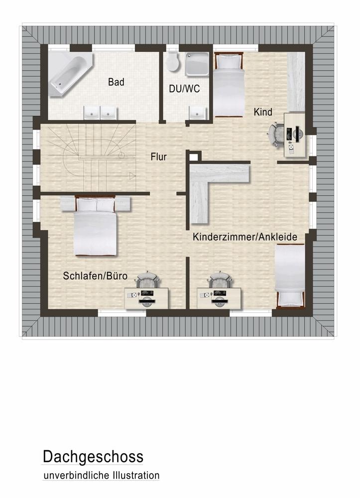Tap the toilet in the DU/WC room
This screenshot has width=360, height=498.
point(172,62)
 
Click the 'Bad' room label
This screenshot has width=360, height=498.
point(116,82)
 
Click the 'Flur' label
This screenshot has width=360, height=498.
point(158,157)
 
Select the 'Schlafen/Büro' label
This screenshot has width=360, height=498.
point(95,276)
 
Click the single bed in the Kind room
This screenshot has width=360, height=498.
point(228,85)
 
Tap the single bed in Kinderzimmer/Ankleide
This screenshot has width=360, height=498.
point(289,276)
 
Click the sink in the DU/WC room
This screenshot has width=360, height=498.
point(198,112)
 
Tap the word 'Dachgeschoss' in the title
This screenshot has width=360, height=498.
point(93,456)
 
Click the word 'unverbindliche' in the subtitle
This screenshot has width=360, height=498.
point(74,476)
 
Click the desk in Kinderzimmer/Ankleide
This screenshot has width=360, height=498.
point(220,297)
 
